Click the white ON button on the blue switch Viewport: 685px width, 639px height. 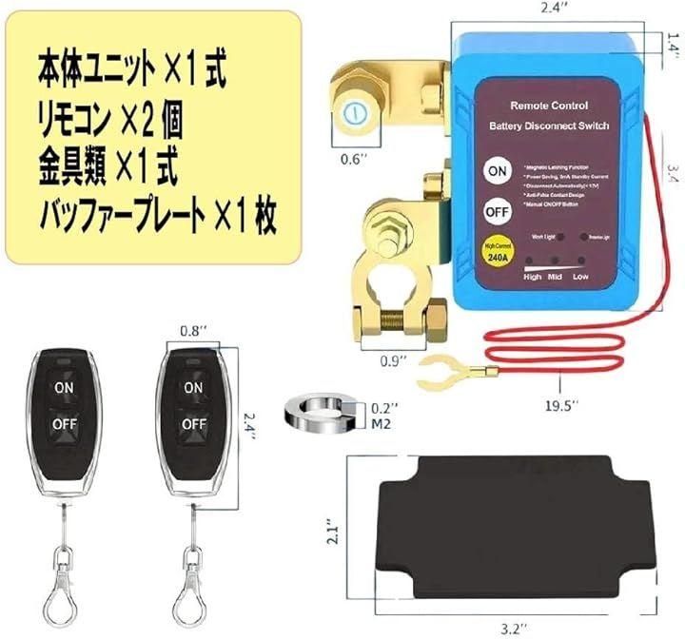coord(496,170)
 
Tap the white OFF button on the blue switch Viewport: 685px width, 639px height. coord(496,209)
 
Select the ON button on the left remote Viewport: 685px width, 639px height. coord(63,388)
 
